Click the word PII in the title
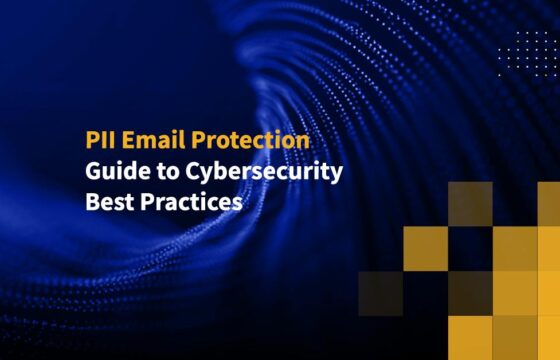97,141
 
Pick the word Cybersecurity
261,171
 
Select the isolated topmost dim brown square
470,204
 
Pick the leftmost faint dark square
380,293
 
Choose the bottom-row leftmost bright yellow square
470,338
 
